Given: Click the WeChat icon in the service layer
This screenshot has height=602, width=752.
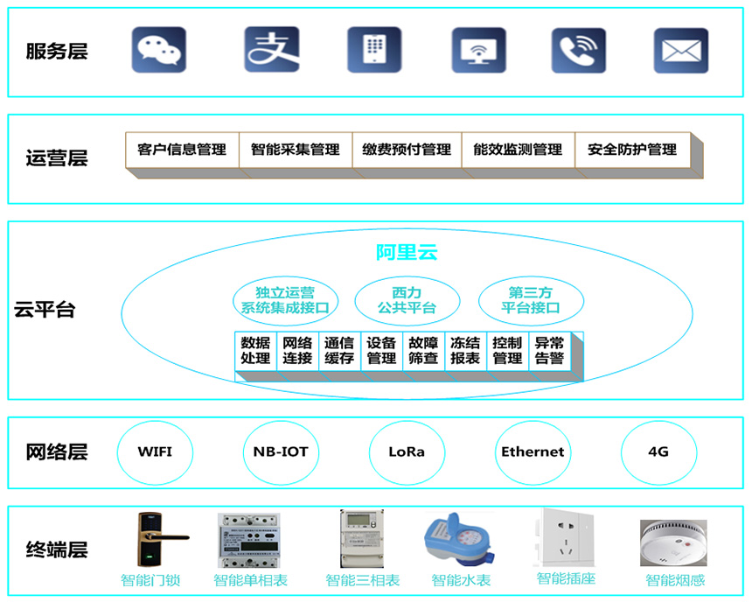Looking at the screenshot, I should coord(159,50).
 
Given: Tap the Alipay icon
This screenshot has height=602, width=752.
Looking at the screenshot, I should coord(271,50).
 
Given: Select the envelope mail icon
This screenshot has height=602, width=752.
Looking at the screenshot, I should coord(681,51).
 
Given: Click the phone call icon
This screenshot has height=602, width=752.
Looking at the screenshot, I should coord(578,51).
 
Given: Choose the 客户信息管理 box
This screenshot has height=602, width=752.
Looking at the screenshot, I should coord(182,150).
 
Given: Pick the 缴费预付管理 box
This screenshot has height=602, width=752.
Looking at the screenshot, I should coord(407,150).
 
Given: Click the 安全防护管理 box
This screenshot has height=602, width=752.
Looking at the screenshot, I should coord(632,150).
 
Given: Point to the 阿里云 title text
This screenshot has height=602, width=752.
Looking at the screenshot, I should coord(407,253).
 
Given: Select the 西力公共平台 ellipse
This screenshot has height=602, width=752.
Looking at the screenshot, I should coord(407,301).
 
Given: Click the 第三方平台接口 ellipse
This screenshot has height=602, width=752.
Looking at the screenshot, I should coord(531,301).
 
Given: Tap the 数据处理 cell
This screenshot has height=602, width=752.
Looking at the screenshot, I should coord(255,351).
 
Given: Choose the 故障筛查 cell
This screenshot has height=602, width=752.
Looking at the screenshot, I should coord(423,351).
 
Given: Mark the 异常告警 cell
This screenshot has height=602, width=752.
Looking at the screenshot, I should coord(549,351).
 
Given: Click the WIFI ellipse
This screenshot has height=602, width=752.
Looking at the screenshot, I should coord(155,452).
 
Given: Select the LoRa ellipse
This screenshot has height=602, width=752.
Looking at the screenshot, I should coord(407,452).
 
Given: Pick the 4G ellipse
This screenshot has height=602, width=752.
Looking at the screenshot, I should coord(658,452).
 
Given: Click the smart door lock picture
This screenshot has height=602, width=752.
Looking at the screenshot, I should coord(159,538).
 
